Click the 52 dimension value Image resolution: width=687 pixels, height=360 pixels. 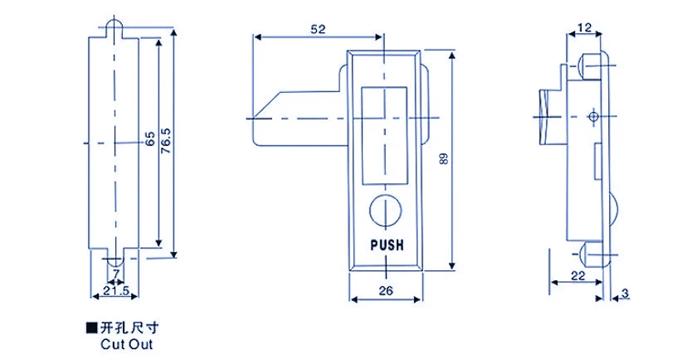tap(318, 28)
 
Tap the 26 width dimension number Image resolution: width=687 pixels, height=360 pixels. tap(385, 290)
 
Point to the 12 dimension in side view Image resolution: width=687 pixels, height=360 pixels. tap(584, 27)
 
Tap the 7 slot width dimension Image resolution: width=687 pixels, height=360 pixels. tap(115, 274)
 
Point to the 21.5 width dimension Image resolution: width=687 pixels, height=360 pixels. tap(114, 291)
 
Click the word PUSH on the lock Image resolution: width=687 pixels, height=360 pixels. tap(386, 246)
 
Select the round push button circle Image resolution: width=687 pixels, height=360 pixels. tap(385, 209)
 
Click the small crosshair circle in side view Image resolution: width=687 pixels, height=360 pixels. tap(592, 115)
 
